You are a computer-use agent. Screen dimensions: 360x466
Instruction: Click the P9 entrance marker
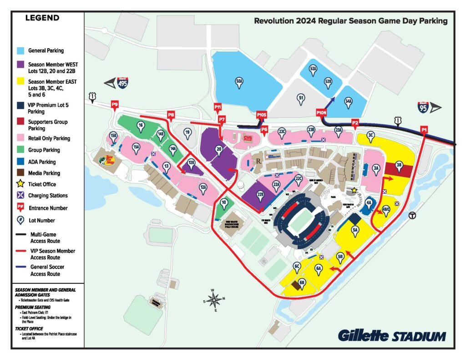[115, 105]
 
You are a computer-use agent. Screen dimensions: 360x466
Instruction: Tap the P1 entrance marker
[424, 130]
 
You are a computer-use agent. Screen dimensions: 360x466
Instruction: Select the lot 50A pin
[239, 81]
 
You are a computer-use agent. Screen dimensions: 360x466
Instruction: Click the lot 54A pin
[349, 102]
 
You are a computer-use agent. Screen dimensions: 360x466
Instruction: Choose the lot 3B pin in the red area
[399, 167]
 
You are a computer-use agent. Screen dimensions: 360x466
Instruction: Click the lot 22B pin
[260, 195]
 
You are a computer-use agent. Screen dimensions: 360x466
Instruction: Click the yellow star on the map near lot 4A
[354, 190]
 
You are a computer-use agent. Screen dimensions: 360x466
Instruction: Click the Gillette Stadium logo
[391, 336]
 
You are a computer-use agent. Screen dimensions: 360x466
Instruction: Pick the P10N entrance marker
[321, 112]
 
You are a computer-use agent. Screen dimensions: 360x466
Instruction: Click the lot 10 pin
[223, 203]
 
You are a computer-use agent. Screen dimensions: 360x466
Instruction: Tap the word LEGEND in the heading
[42, 18]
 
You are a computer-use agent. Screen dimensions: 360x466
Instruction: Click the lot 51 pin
[300, 98]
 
